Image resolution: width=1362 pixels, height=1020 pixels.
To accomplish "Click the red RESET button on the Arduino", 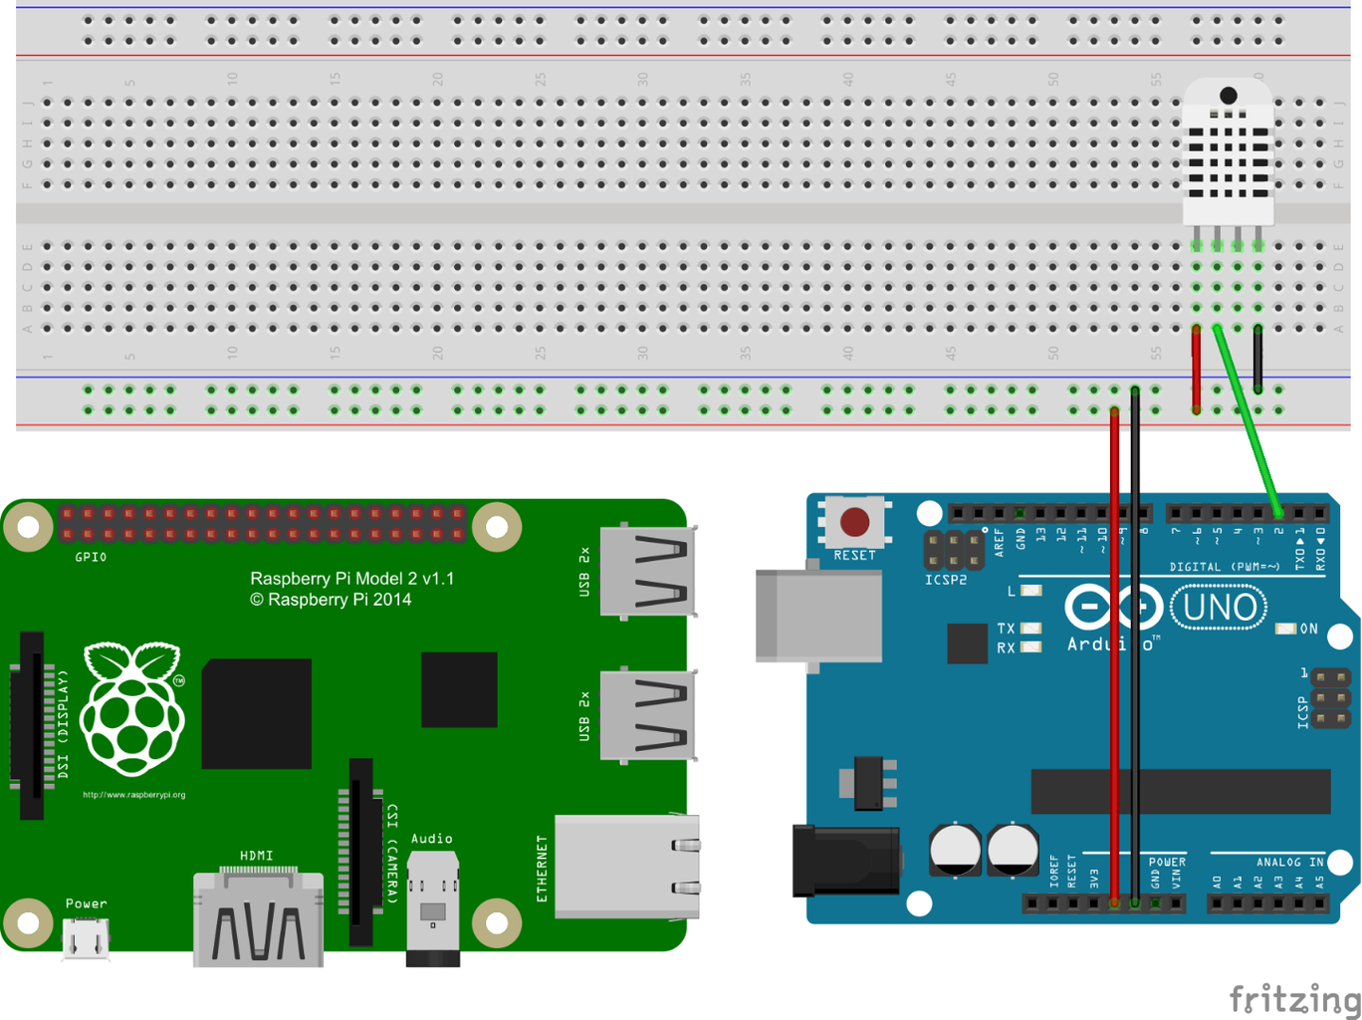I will click(x=854, y=521).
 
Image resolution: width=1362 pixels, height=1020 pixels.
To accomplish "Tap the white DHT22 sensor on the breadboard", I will click(x=1228, y=153).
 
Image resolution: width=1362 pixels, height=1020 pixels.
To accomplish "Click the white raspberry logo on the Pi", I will click(x=132, y=709).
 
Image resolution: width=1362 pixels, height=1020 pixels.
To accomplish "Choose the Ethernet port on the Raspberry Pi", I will click(x=626, y=866).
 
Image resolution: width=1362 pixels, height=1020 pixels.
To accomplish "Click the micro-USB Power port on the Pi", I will click(x=86, y=936).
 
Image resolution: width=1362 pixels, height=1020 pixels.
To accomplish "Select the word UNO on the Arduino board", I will click(x=1219, y=607).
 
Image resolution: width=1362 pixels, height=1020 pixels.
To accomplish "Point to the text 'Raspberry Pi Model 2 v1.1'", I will click(x=351, y=579).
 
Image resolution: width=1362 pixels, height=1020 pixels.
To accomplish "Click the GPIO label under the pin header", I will click(x=91, y=557).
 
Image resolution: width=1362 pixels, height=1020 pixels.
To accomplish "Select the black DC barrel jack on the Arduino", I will click(x=845, y=860).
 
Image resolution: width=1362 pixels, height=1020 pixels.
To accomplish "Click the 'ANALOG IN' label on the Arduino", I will click(x=1289, y=862).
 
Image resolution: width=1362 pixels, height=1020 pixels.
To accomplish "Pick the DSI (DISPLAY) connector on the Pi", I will click(x=31, y=725).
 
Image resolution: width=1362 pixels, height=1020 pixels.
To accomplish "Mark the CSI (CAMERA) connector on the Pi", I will click(x=360, y=852).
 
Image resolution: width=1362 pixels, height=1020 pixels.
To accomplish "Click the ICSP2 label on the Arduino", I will click(x=945, y=580).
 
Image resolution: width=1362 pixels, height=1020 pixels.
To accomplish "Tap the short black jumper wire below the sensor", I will click(x=1257, y=359).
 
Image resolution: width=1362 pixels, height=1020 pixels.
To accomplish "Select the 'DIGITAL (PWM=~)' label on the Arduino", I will click(x=1225, y=567).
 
